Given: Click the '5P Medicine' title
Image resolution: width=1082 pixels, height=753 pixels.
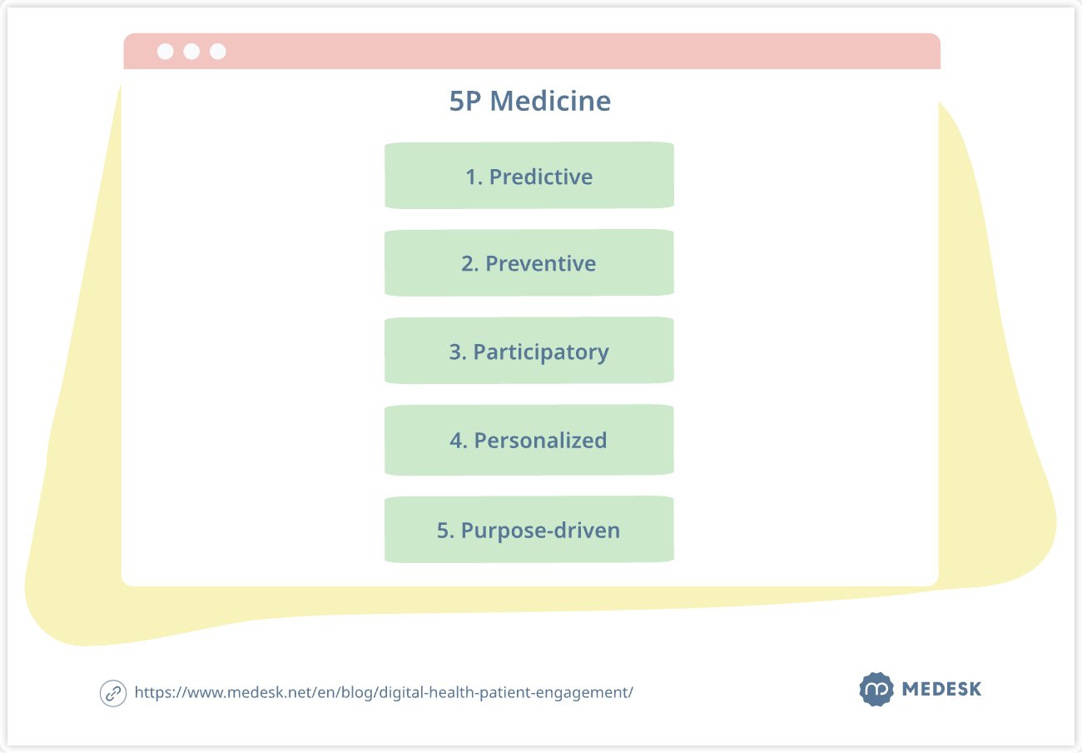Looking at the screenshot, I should coord(529,102).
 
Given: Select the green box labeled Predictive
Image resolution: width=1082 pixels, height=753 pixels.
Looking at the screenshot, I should coord(529,175).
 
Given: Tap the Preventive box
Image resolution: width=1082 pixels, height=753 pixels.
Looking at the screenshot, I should coord(529,262).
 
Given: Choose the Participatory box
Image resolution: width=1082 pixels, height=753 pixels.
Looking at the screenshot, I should coord(529,351).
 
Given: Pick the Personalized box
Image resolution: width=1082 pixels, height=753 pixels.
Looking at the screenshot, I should coord(529,440).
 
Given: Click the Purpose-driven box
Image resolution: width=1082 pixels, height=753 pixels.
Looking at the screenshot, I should coord(529,530).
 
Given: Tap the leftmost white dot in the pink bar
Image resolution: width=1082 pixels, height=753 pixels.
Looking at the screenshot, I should coord(165,52).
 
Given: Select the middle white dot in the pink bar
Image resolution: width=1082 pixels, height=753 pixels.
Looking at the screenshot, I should coord(191,52).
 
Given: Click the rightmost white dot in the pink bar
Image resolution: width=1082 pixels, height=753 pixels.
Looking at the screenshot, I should coord(218,52).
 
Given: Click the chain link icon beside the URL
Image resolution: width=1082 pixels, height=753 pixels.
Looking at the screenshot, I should coord(112,692).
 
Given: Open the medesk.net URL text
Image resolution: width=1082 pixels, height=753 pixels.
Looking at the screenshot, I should coord(383,692).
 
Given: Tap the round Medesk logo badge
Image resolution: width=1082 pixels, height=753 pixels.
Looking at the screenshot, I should coord(876,689).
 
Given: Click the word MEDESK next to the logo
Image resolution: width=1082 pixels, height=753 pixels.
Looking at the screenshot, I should coord(941,690).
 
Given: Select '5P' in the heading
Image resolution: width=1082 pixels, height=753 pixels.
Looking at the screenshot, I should coord(465,102).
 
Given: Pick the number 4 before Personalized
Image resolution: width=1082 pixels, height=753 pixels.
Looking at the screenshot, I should coord(456,441).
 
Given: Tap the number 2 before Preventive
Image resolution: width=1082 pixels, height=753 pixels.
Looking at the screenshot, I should coord(468,264).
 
